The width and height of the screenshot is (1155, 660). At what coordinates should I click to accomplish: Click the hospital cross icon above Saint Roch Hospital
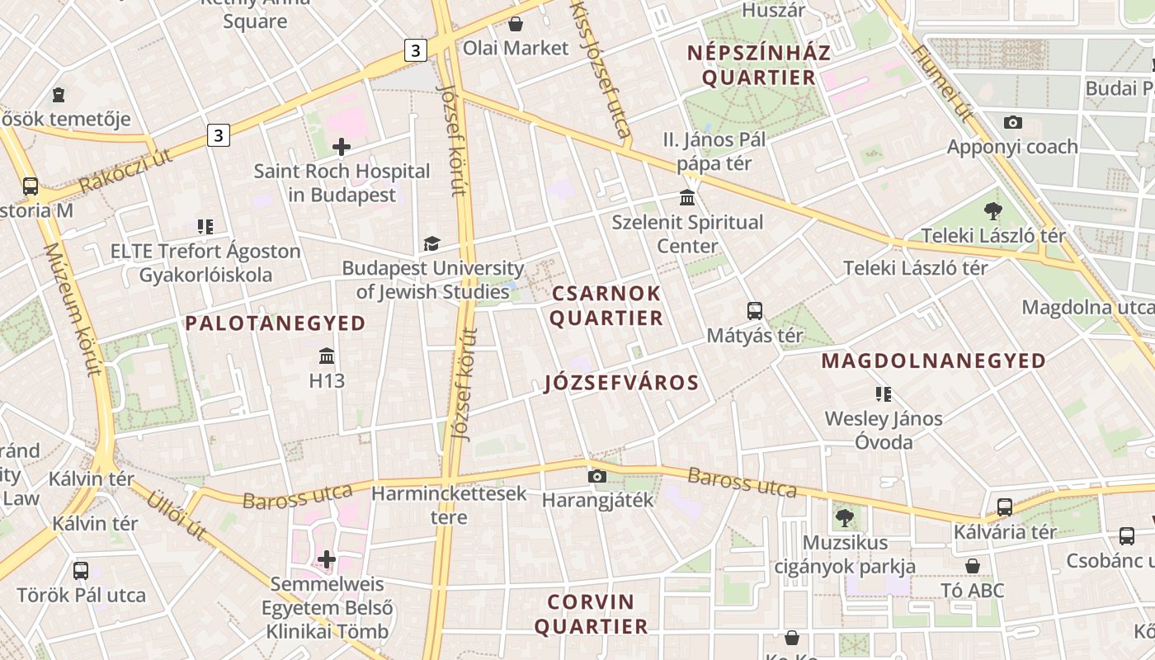tap(342, 148)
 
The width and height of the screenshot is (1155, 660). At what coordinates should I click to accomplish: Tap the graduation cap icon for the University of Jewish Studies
tap(431, 243)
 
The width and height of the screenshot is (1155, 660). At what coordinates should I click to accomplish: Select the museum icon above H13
tap(327, 356)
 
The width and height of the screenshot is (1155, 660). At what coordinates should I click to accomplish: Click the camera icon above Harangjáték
tap(597, 476)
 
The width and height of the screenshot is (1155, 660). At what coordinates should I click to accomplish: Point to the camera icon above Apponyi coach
tap(1013, 122)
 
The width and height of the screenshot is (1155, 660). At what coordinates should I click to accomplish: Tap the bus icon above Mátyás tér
tap(755, 311)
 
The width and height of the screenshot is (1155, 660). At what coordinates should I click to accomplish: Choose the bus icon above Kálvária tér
tap(1005, 507)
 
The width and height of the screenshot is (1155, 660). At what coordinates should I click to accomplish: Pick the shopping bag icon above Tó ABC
tap(973, 566)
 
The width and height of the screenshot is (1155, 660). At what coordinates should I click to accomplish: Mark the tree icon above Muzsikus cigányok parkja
tap(844, 518)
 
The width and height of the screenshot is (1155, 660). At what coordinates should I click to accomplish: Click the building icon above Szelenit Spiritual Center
tap(687, 198)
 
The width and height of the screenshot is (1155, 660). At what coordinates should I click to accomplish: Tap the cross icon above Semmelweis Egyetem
tap(327, 559)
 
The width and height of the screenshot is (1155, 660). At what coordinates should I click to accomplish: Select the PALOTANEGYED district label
tap(276, 323)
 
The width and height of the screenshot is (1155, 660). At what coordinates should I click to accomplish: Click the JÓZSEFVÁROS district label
tap(622, 383)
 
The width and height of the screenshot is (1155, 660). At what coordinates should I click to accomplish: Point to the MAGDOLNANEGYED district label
tap(934, 361)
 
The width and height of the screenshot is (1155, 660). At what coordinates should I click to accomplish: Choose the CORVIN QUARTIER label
tap(591, 614)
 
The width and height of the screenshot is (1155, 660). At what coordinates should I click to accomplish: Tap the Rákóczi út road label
tap(125, 171)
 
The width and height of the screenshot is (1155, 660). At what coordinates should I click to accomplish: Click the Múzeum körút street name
tap(72, 309)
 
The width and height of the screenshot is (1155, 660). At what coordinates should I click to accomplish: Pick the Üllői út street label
tap(177, 514)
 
